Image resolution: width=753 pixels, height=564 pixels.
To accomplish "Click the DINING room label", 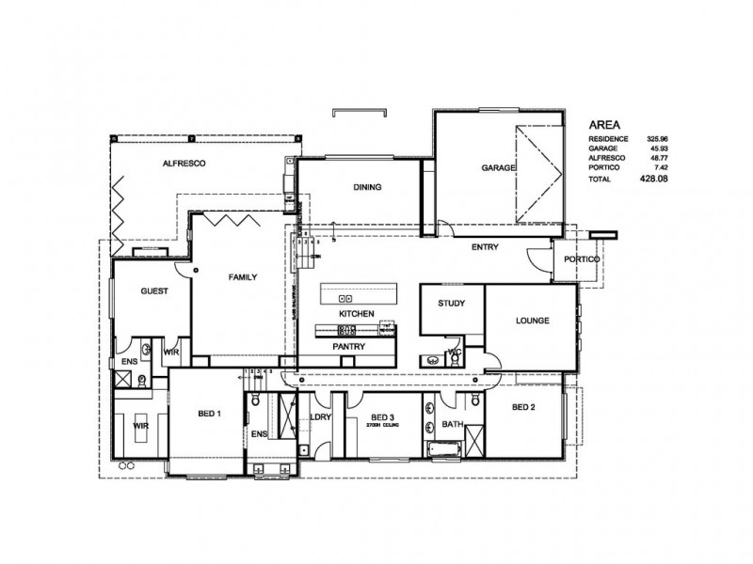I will click(367, 187).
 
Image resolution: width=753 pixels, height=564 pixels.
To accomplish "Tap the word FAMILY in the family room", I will click(242, 277).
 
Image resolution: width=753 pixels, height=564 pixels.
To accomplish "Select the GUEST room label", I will click(153, 291).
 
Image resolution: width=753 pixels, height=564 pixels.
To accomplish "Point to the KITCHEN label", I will click(357, 312).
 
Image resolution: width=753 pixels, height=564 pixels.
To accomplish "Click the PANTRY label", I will click(348, 347).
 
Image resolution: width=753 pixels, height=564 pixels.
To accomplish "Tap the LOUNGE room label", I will click(532, 321).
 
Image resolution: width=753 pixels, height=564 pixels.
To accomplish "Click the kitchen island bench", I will click(356, 294).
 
